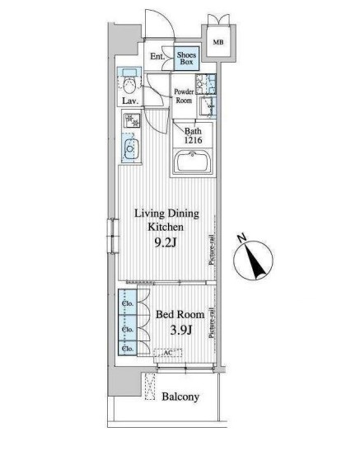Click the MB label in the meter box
click(x=217, y=42)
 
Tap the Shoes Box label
click(x=186, y=58)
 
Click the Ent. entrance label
click(x=157, y=56)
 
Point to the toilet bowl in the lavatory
click(x=129, y=87)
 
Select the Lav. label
click(x=130, y=101)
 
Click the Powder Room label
click(x=184, y=96)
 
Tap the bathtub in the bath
click(x=193, y=162)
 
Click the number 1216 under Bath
click(x=194, y=140)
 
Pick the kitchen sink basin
click(x=130, y=148)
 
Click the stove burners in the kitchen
click(x=132, y=120)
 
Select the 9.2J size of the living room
click(x=166, y=242)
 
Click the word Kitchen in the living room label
click(x=166, y=227)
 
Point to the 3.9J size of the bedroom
click(x=181, y=330)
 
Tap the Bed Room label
click(x=180, y=314)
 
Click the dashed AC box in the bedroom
click(x=168, y=353)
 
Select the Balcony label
click(x=180, y=397)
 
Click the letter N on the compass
click(x=242, y=237)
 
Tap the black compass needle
click(x=255, y=261)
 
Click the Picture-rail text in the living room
click(x=212, y=250)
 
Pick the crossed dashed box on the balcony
click(x=150, y=387)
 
